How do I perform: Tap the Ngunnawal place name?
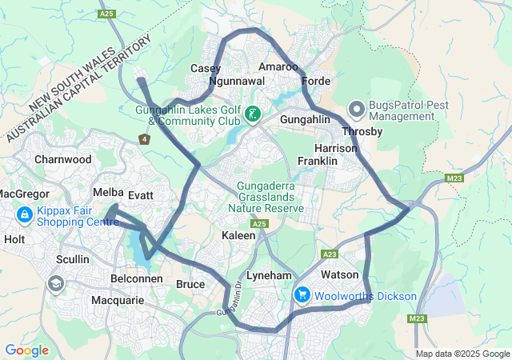pos(235,82)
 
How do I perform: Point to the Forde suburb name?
pos(317,82)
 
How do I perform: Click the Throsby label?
pos(362,131)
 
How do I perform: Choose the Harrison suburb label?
pos(336,149)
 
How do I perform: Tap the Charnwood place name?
pos(63,159)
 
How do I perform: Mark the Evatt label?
pos(140,194)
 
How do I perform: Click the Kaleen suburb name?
pos(238,235)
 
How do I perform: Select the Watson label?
pos(339,275)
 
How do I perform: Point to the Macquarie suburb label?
pos(117,301)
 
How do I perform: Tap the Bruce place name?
pos(190,284)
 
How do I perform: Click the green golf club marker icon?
pos(253,114)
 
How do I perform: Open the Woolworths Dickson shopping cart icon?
pos(302,295)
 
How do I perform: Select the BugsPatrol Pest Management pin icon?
pos(357,108)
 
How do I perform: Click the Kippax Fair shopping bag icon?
pos(25,215)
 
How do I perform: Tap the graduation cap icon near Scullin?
pos(55,282)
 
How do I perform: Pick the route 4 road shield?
pos(145,139)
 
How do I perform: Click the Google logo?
pos(27,350)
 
